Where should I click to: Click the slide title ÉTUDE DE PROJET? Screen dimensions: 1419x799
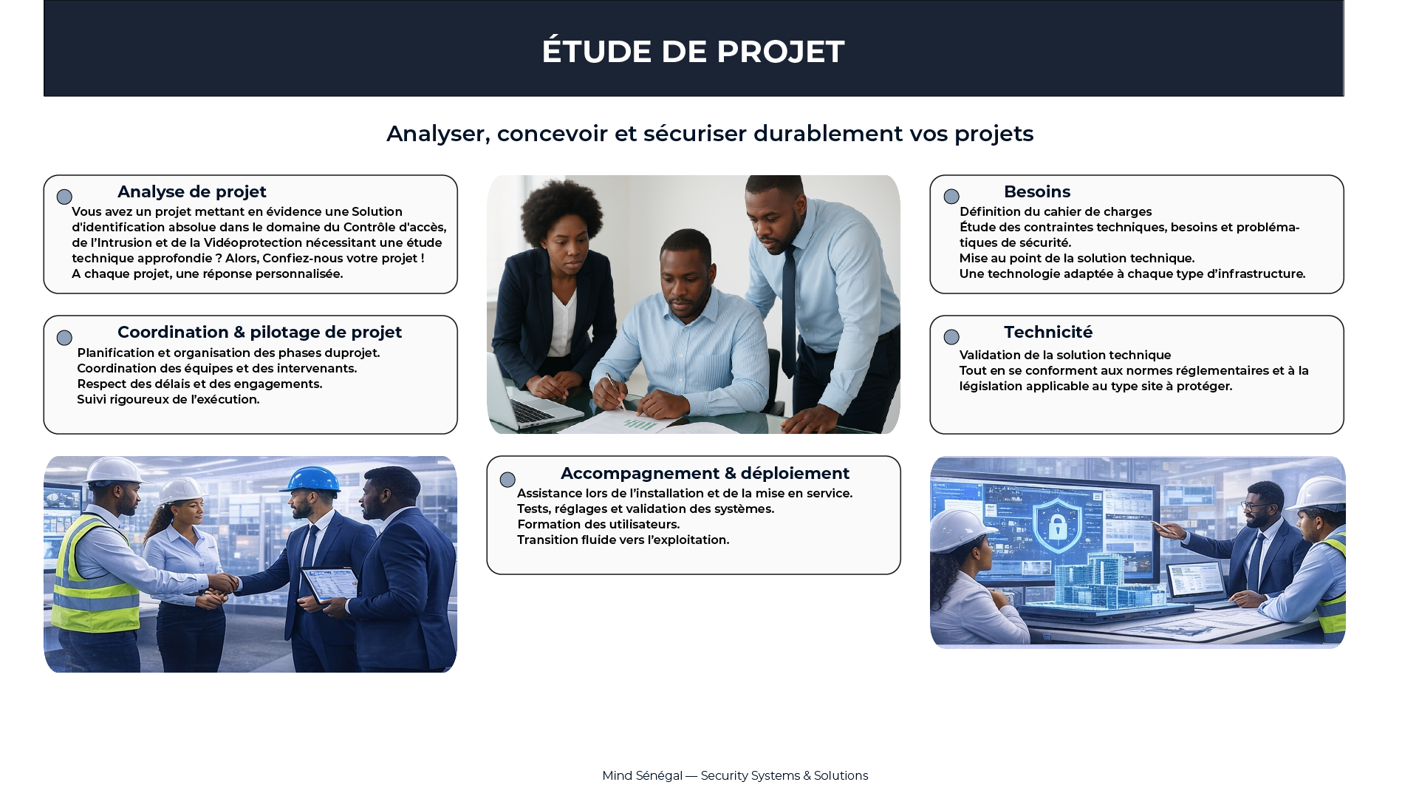693,51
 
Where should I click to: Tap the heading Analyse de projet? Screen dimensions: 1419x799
192,192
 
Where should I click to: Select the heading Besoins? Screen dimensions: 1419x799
1037,192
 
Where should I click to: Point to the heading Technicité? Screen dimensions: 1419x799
1048,333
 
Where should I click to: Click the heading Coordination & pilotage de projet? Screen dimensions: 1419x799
260,333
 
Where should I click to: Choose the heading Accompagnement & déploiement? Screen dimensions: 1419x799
705,473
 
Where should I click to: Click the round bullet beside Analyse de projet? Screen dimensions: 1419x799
64,197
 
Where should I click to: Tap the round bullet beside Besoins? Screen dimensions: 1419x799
951,197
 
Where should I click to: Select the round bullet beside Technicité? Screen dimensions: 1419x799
951,337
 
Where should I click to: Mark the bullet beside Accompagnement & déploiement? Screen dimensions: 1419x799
507,480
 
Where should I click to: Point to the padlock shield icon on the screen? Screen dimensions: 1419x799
1058,525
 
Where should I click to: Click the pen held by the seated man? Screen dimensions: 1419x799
615,391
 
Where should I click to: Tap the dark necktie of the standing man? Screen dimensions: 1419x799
789,310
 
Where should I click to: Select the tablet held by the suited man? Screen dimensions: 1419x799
329,584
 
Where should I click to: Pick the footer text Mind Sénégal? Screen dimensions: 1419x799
642,776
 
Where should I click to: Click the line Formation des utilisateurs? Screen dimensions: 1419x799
598,525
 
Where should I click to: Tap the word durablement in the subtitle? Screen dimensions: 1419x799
828,134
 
